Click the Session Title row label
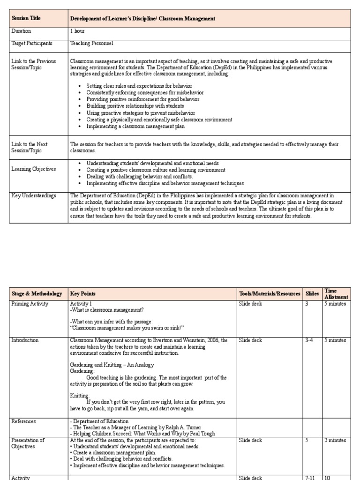(x=26, y=18)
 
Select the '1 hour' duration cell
(x=78, y=31)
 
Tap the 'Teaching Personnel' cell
(x=91, y=43)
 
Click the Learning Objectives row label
(x=33, y=169)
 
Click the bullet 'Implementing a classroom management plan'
(x=135, y=126)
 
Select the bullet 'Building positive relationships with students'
(x=135, y=106)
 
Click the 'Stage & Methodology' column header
(x=37, y=294)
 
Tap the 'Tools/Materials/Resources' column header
(x=270, y=294)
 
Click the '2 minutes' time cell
(x=335, y=441)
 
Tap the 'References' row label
(x=23, y=421)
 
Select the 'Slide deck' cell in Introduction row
(x=251, y=340)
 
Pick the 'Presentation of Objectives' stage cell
(x=28, y=443)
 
